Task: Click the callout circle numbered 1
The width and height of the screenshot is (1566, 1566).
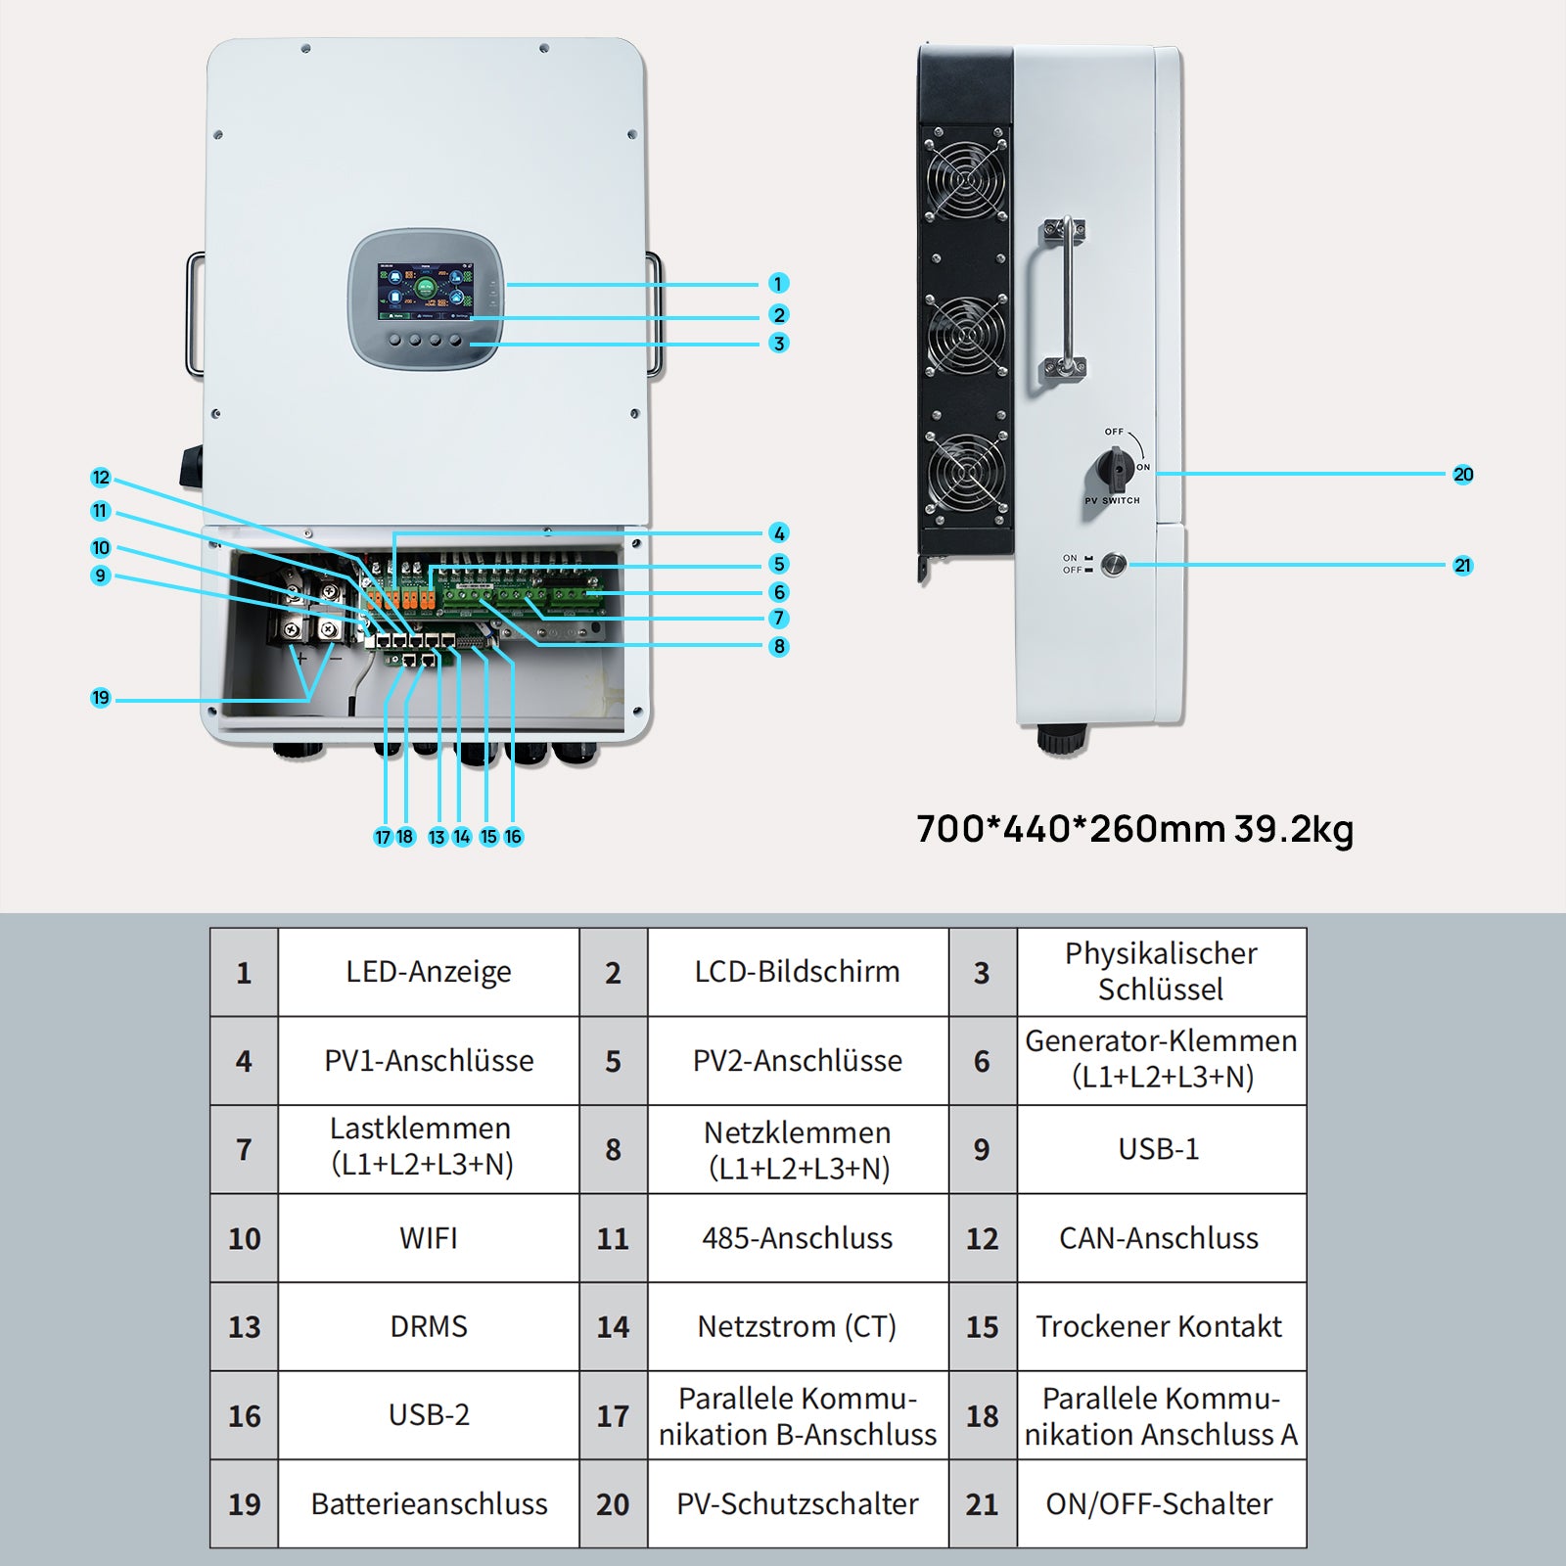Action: click(x=778, y=284)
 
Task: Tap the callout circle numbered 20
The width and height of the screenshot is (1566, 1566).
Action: click(x=1462, y=475)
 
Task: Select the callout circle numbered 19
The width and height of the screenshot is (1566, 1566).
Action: click(x=101, y=698)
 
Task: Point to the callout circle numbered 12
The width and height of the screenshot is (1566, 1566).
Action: click(x=101, y=478)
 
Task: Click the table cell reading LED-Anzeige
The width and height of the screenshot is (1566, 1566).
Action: click(x=429, y=972)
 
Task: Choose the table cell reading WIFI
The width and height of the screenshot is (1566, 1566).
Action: click(x=429, y=1238)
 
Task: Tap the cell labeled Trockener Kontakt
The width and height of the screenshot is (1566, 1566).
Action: click(x=1160, y=1326)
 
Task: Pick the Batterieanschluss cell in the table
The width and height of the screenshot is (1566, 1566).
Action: click(x=429, y=1504)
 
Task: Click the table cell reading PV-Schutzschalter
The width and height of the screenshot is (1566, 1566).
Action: click(x=798, y=1504)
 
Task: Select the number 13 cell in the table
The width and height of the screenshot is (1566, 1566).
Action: click(x=245, y=1327)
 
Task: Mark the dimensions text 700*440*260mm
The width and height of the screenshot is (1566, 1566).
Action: click(x=1071, y=829)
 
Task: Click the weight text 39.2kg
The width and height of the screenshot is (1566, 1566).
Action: click(x=1294, y=829)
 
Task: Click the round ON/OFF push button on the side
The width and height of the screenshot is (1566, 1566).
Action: click(x=1114, y=565)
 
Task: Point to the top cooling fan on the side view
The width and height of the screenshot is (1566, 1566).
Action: click(x=966, y=179)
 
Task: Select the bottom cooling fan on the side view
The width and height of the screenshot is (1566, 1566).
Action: click(x=966, y=475)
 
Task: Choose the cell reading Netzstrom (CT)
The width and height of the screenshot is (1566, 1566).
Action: click(x=798, y=1326)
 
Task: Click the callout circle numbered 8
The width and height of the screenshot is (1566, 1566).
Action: click(x=778, y=646)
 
